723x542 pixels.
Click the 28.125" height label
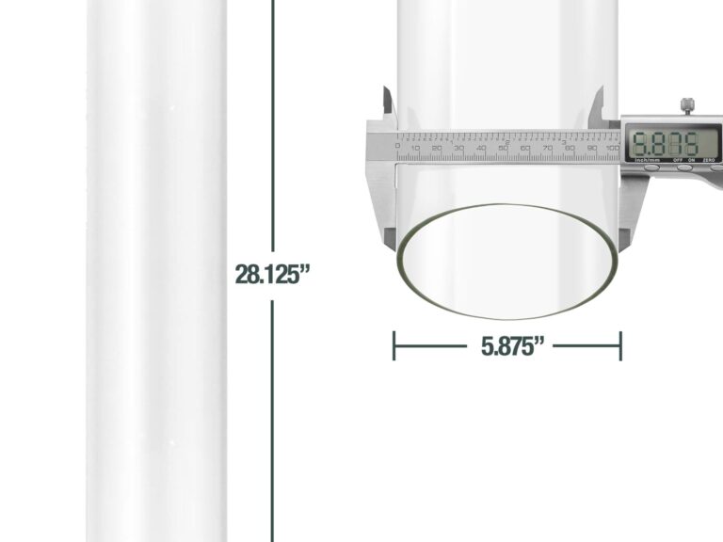pos(272,275)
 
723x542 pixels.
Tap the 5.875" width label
pos(514,346)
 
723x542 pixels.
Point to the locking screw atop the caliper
pos(688,105)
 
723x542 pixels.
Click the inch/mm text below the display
pos(645,161)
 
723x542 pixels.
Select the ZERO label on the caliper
pos(710,161)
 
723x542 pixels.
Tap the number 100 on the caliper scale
pos(612,150)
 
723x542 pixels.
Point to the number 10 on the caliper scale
pos(415,150)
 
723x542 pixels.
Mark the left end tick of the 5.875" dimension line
pos(394,346)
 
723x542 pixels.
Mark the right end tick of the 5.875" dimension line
pos(620,346)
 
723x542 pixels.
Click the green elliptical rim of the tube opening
pos(508,312)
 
